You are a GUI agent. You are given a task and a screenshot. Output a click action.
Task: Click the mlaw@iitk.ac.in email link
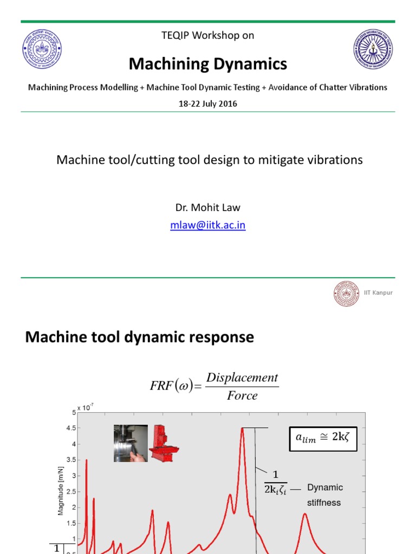(x=208, y=226)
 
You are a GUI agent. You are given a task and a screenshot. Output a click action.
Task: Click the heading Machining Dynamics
(x=208, y=64)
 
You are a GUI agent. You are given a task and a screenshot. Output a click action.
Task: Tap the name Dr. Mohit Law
(x=208, y=207)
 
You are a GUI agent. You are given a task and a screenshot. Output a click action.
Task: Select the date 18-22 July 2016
(x=208, y=104)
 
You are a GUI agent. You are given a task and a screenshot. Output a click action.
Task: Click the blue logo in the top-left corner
(x=42, y=50)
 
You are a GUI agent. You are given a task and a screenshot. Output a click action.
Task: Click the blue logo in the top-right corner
(x=374, y=50)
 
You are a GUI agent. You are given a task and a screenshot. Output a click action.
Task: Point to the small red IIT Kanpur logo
(x=346, y=293)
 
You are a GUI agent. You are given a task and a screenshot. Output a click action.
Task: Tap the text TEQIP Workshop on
(x=208, y=36)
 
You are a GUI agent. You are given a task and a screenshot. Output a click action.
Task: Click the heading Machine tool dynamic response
(x=140, y=337)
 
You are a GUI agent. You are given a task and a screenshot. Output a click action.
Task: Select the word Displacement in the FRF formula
(x=242, y=378)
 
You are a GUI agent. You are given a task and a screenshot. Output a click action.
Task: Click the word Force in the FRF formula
(x=242, y=395)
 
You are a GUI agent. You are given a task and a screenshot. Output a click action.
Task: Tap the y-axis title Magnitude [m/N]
(x=61, y=492)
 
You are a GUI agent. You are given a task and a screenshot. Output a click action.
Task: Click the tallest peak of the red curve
(x=242, y=430)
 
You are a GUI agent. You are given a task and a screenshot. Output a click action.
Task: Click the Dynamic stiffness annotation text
(x=324, y=494)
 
